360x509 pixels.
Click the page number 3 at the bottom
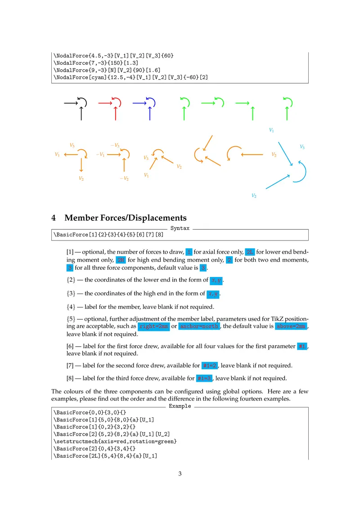[x=180, y=473]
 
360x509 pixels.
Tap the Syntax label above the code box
[x=180, y=229]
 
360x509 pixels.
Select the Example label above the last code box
[x=180, y=406]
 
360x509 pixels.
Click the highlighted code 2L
[x=250, y=252]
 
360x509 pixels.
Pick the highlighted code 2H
[x=121, y=260]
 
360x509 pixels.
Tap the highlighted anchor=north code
[x=199, y=326]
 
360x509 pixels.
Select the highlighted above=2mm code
[x=292, y=326]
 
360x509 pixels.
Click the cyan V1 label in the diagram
[x=271, y=130]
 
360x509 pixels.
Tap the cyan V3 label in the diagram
[x=302, y=147]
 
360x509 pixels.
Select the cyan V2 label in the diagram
[x=254, y=196]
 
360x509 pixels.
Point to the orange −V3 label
[x=115, y=145]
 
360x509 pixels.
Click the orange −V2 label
[x=124, y=179]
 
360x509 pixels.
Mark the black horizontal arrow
[x=71, y=104]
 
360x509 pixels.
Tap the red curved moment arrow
[x=117, y=101]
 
